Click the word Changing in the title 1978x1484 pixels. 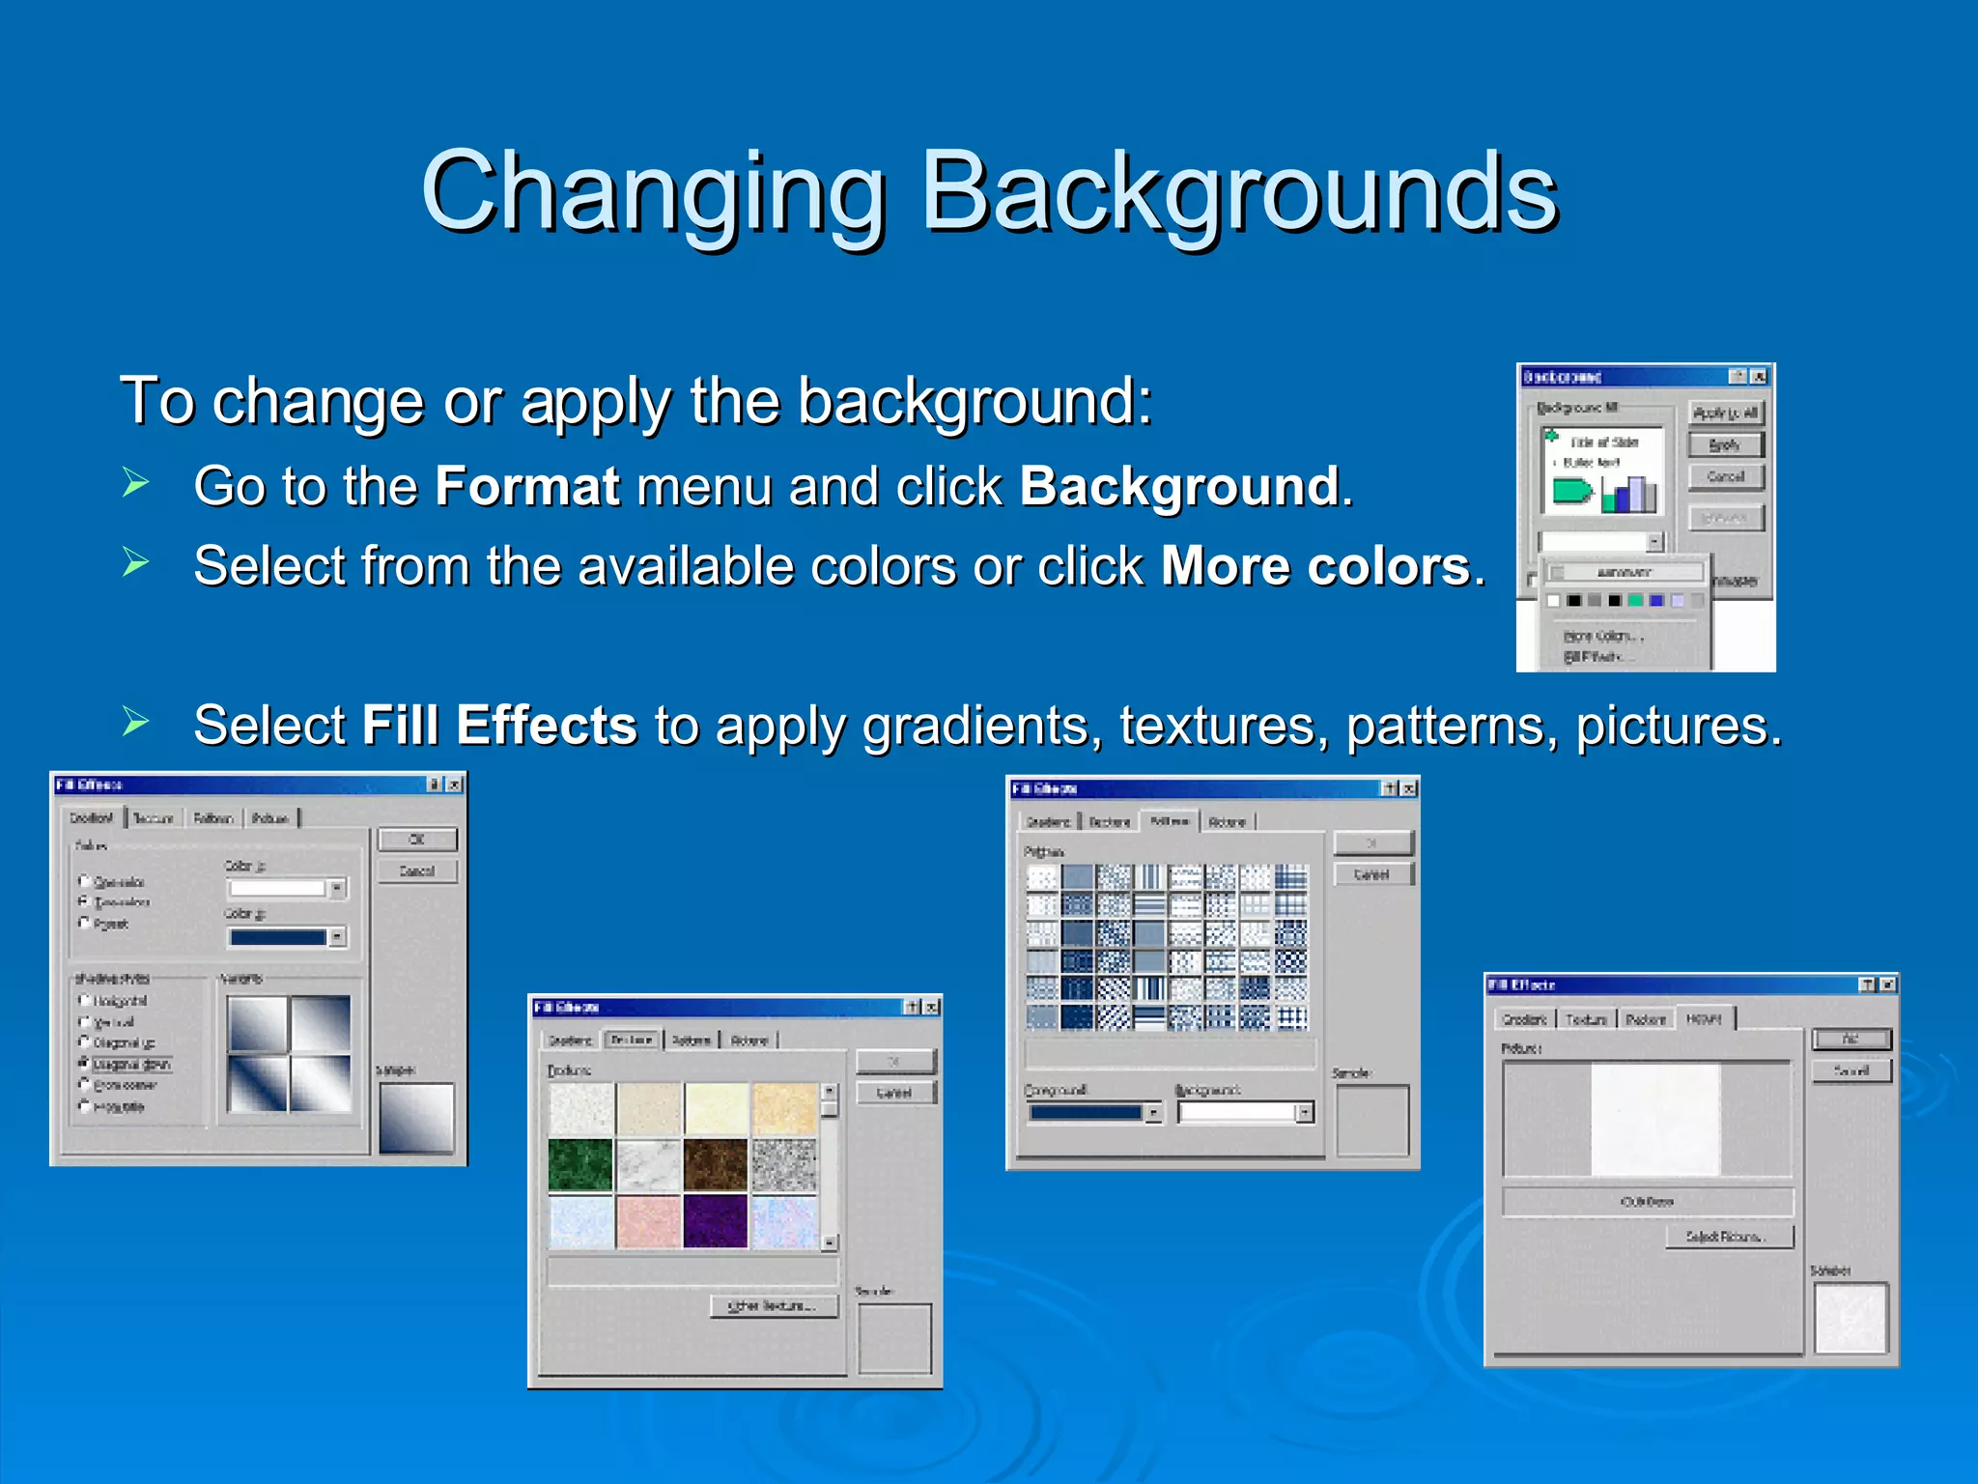653,193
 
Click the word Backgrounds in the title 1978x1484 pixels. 1239,193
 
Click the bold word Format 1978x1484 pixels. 526,486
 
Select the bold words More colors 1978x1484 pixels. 1314,566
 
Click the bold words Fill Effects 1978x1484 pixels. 498,726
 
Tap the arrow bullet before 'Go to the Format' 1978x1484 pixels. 136,482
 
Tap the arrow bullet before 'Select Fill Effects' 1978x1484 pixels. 136,722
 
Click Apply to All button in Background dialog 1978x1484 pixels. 1725,414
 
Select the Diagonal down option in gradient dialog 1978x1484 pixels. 131,1065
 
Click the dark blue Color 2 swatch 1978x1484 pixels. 278,937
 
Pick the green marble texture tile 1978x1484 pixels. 580,1165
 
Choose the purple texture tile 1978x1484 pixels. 715,1221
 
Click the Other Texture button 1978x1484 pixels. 775,1306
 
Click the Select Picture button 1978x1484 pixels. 1729,1237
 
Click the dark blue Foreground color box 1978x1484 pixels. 1086,1113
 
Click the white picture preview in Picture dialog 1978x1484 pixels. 1654,1119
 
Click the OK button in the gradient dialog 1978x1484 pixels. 416,840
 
